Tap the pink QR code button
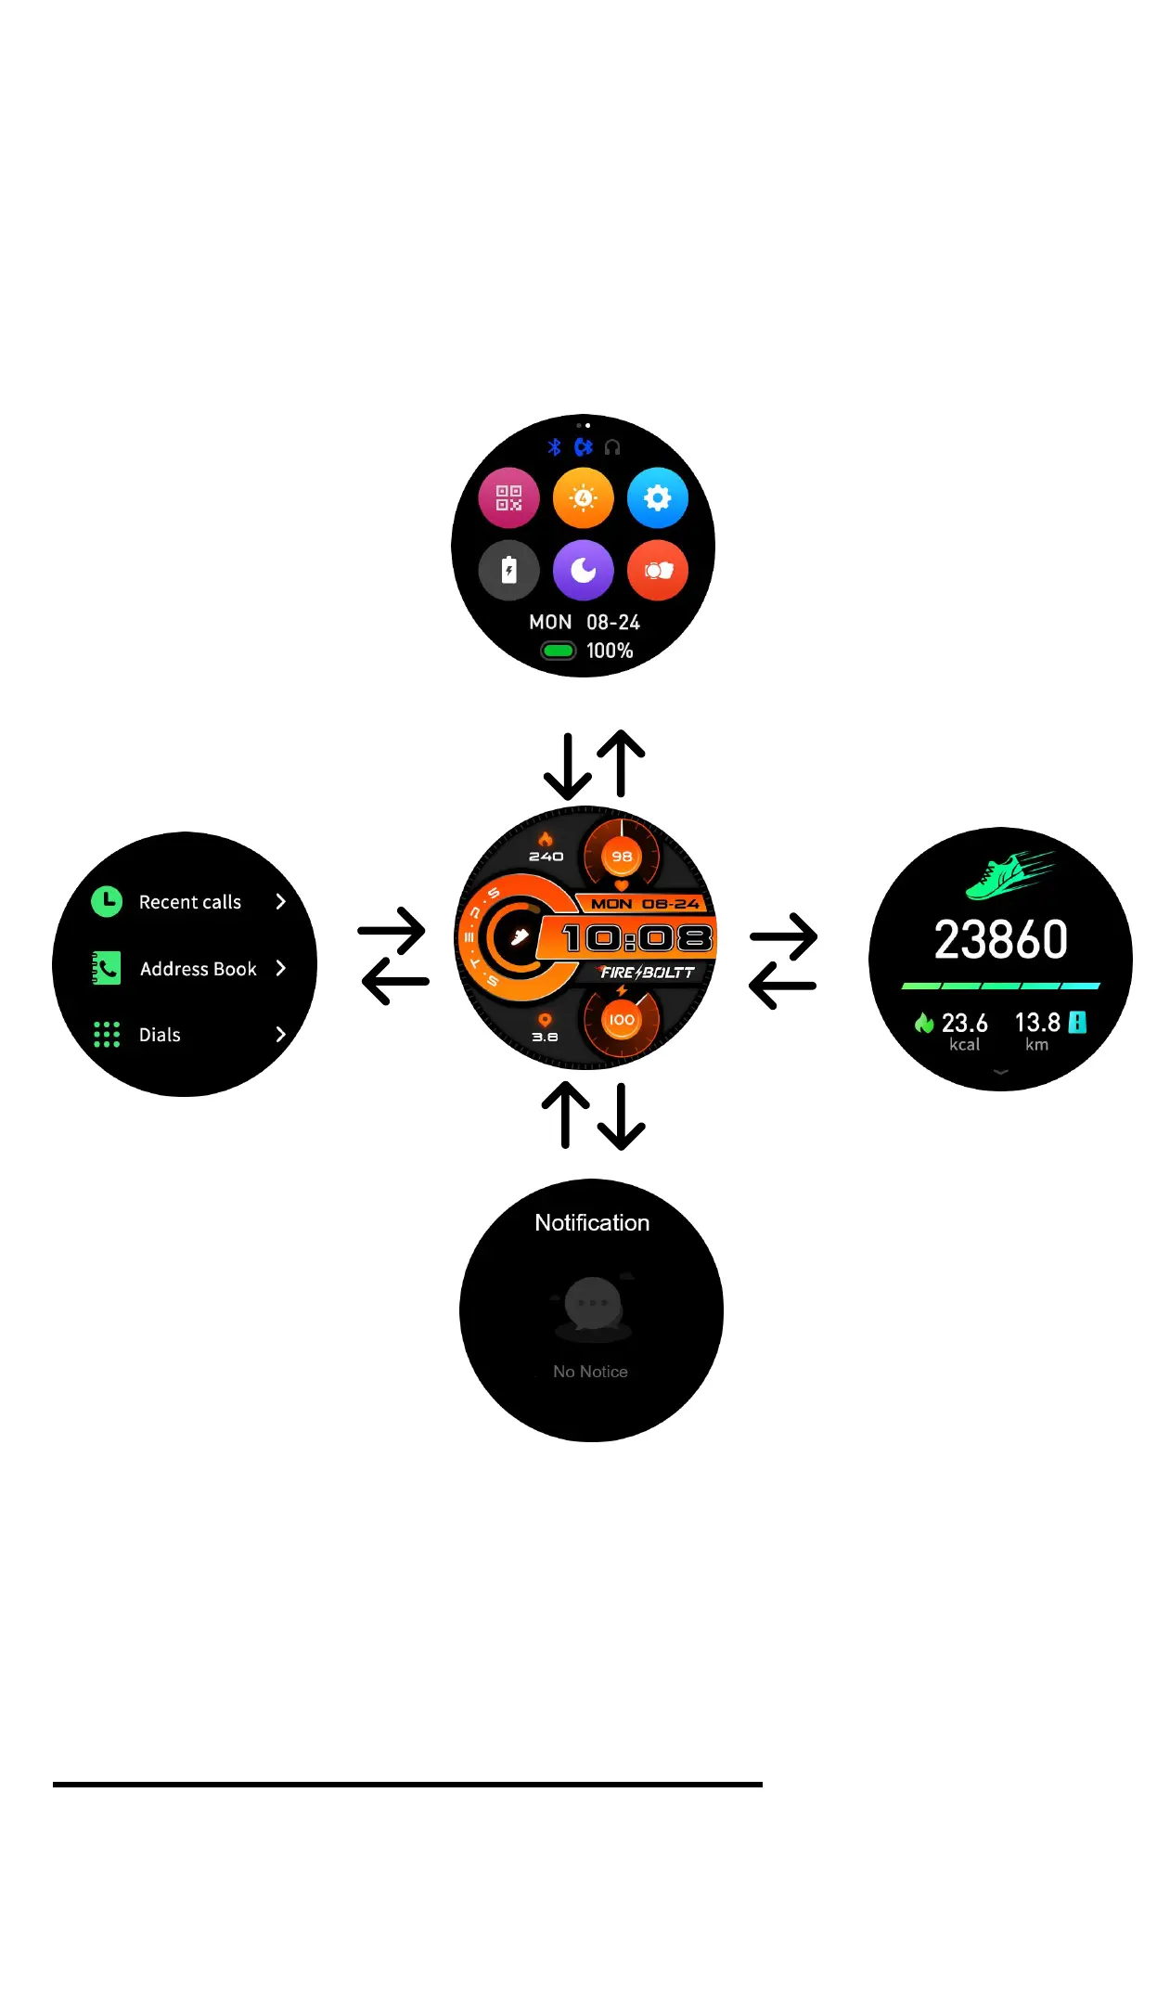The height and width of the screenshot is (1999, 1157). [508, 498]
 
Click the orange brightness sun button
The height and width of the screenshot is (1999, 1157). [583, 498]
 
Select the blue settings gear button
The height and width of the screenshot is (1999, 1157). [657, 498]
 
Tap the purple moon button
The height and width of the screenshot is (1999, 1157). [583, 570]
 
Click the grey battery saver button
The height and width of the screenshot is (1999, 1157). [508, 570]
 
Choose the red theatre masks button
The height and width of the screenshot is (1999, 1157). [657, 570]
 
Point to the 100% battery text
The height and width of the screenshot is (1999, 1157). [610, 651]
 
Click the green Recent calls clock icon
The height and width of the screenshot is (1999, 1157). [107, 901]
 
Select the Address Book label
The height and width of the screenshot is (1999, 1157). [198, 969]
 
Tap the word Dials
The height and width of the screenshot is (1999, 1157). [160, 1035]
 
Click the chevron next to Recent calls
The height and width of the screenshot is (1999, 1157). [280, 901]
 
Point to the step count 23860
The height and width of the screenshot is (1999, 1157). [1000, 939]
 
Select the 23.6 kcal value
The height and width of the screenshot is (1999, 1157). [964, 1024]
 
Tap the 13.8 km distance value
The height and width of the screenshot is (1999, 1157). [1037, 1024]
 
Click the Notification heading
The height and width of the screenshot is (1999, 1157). [592, 1223]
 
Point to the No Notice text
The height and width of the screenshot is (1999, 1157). [590, 1372]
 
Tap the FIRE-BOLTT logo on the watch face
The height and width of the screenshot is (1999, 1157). [647, 973]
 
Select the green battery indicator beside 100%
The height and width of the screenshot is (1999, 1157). [559, 651]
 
